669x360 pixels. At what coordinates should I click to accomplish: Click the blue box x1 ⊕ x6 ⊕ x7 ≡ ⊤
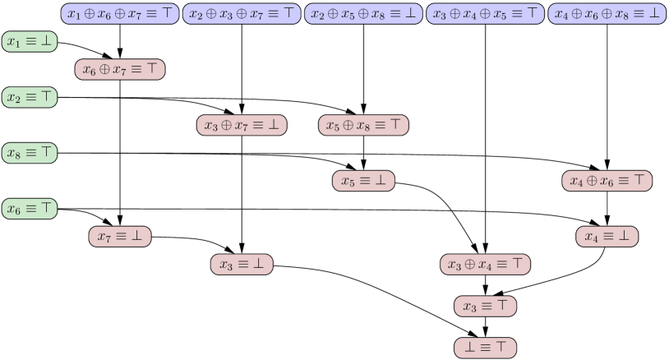pyautogui.click(x=120, y=13)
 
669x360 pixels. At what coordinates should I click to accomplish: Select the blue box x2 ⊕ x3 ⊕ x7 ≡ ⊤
pyautogui.click(x=242, y=13)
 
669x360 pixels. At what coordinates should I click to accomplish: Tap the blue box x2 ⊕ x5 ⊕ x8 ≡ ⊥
pyautogui.click(x=363, y=13)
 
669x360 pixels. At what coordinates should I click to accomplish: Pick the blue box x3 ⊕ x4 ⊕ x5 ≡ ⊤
pyautogui.click(x=485, y=13)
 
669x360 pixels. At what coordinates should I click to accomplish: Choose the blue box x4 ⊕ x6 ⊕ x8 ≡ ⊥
pyautogui.click(x=607, y=13)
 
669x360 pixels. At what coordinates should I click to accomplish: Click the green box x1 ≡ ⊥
pyautogui.click(x=30, y=41)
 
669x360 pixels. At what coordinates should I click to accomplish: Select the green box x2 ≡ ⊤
pyautogui.click(x=30, y=97)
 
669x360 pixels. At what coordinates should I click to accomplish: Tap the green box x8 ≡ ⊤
pyautogui.click(x=30, y=153)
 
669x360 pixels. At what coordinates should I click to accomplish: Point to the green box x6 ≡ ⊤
pyautogui.click(x=30, y=209)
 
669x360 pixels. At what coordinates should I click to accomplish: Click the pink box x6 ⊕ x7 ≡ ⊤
pyautogui.click(x=120, y=69)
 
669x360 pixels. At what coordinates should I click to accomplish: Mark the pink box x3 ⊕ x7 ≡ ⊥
pyautogui.click(x=242, y=125)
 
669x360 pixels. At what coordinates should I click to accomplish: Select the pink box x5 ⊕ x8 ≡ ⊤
pyautogui.click(x=363, y=125)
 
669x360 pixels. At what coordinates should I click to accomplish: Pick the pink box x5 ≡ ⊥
pyautogui.click(x=363, y=181)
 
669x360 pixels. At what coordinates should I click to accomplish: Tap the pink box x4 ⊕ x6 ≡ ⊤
pyautogui.click(x=607, y=181)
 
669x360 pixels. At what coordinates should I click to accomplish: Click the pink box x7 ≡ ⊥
pyautogui.click(x=120, y=237)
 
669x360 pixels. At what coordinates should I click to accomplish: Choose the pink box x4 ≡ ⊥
pyautogui.click(x=607, y=237)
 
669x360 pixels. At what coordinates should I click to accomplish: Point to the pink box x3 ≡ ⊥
pyautogui.click(x=242, y=265)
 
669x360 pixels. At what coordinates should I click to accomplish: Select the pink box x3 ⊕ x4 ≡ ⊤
pyautogui.click(x=485, y=265)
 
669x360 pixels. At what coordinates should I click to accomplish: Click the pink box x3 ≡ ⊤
pyautogui.click(x=485, y=307)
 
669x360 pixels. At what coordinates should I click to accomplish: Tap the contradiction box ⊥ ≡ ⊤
pyautogui.click(x=485, y=348)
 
